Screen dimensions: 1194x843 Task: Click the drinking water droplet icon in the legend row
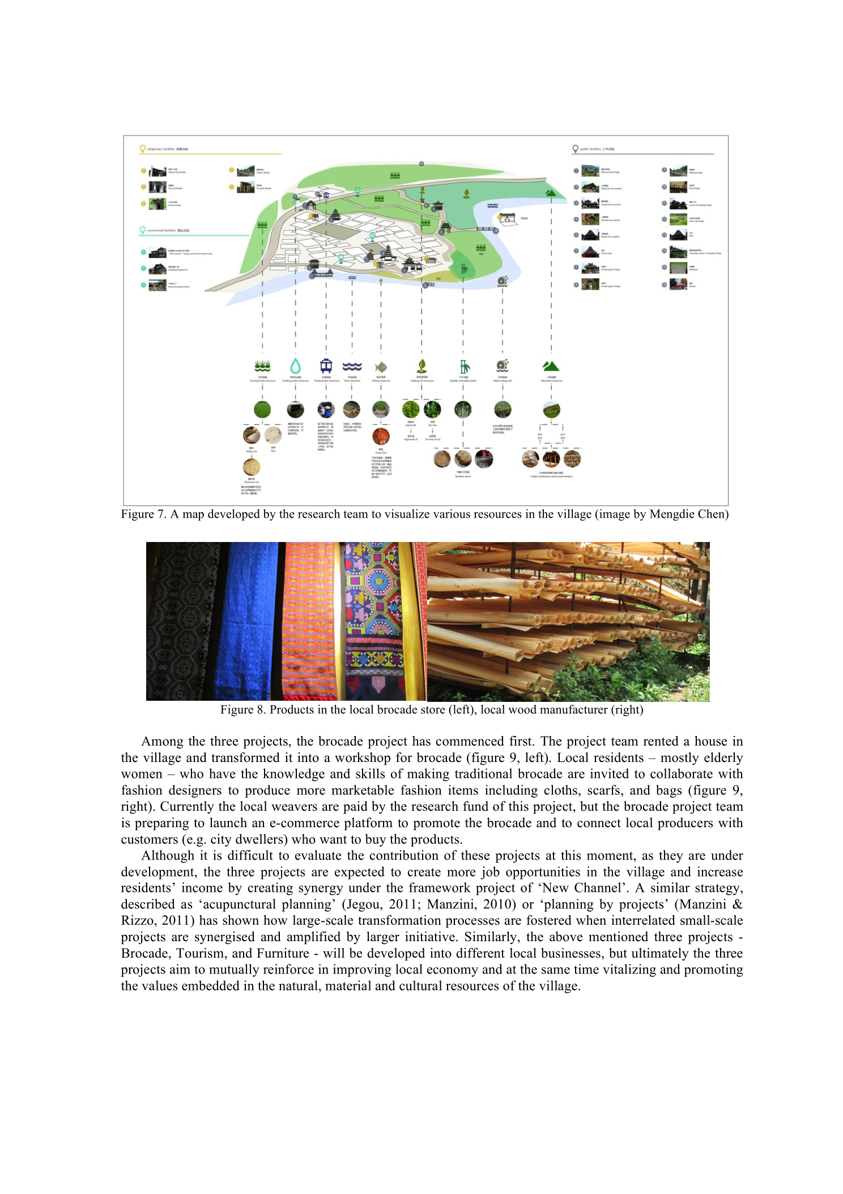[x=295, y=366]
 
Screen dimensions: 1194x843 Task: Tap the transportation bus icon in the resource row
[x=326, y=366]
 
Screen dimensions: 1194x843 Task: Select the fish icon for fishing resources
[x=381, y=367]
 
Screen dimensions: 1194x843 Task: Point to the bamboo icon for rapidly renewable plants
[x=464, y=366]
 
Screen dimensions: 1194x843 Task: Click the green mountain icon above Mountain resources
[x=551, y=366]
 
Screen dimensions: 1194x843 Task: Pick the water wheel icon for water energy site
[x=503, y=366]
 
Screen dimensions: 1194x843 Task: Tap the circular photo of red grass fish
[x=381, y=437]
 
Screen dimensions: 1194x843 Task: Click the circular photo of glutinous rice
[x=252, y=467]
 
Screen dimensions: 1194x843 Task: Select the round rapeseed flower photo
[x=411, y=409]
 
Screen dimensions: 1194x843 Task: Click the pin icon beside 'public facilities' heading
[x=575, y=149]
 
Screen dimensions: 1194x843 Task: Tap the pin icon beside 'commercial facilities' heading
[x=143, y=230]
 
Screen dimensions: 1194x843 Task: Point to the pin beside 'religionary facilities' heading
[x=143, y=149]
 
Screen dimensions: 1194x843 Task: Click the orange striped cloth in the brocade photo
[x=309, y=621]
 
